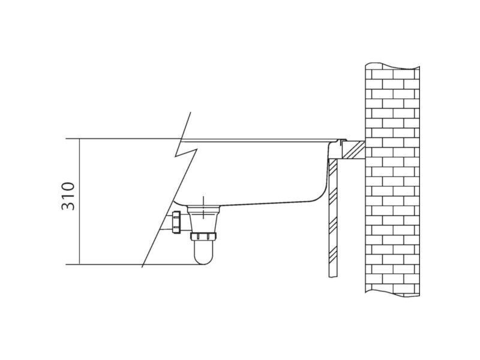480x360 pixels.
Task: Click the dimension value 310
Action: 68,196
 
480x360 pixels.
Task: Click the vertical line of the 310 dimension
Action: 80,202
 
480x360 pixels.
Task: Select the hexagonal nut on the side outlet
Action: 176,222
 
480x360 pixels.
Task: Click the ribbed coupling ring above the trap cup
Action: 203,236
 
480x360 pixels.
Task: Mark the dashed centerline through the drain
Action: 203,208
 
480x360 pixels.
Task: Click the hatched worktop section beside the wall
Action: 353,150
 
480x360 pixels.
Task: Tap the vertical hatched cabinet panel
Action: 333,218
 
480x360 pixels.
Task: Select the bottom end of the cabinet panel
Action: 333,277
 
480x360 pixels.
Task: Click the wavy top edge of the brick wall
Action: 392,66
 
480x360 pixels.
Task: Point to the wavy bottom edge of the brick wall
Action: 392,294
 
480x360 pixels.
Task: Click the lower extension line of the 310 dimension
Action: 134,264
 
